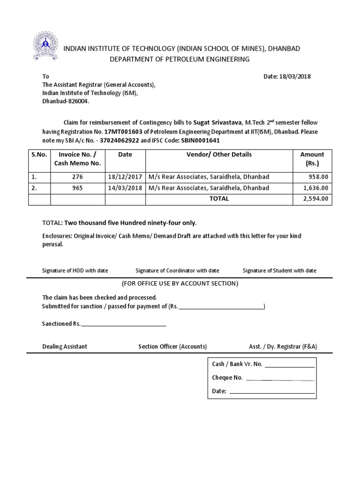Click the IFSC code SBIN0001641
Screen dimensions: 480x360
(200, 140)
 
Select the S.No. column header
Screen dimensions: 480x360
(39, 155)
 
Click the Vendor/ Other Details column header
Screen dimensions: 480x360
(219, 155)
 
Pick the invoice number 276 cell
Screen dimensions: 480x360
(77, 177)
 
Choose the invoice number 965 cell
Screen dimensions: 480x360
(77, 188)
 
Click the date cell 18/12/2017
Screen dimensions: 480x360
(125, 177)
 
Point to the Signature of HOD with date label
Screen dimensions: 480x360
(75, 270)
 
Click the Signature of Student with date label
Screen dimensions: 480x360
(279, 270)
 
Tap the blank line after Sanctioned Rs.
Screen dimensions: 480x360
(124, 324)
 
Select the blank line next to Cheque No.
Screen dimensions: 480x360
(280, 378)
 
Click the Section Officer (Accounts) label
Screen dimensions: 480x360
(172, 346)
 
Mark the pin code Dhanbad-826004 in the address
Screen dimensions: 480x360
(66, 101)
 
